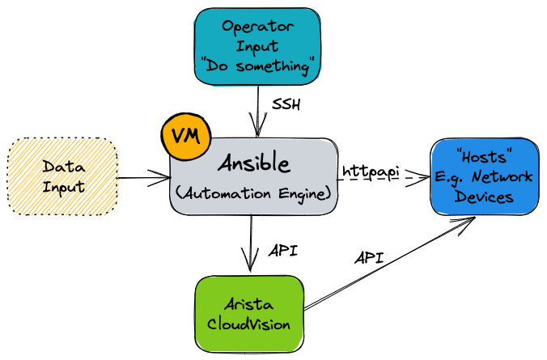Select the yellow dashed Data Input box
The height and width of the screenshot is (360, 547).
63,176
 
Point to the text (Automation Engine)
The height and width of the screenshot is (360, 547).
252,194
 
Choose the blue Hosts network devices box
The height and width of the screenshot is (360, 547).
483,176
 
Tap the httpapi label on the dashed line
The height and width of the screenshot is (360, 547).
371,172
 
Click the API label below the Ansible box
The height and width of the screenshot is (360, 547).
283,250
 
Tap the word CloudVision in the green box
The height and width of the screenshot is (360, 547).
249,325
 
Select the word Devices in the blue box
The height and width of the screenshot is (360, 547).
483,197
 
